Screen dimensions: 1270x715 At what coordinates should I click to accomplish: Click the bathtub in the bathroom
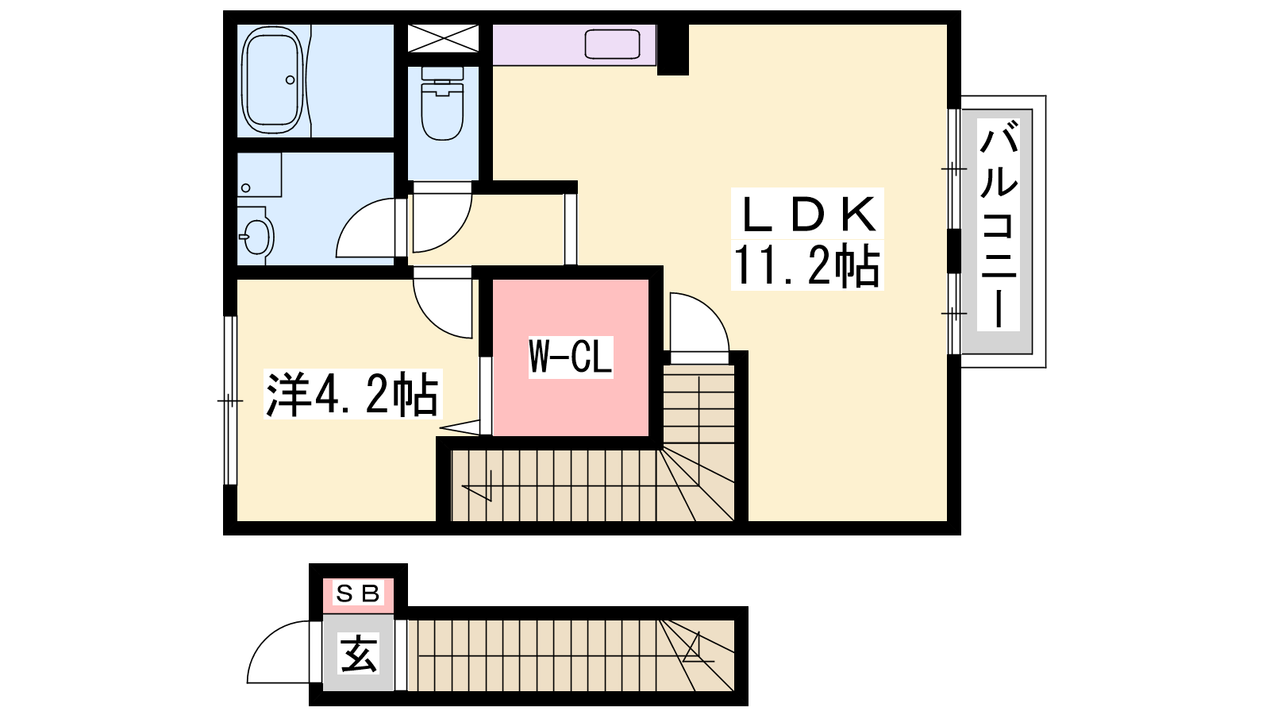coord(272,80)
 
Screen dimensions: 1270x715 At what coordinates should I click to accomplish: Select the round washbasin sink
coord(256,235)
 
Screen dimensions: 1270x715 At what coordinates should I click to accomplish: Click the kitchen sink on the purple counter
coord(612,44)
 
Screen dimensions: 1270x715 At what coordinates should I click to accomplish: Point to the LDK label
coord(808,213)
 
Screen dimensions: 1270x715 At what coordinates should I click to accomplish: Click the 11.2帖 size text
coord(806,265)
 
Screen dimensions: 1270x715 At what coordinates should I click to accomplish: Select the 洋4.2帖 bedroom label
coord(352,395)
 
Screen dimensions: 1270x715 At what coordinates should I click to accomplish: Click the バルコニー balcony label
coord(999,225)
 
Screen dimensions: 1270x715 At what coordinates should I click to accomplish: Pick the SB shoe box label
coord(359,593)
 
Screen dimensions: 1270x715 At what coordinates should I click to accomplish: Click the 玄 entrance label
coord(359,653)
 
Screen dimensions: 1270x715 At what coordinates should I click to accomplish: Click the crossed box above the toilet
coord(443,39)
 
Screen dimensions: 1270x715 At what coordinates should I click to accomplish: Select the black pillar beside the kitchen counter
coord(672,49)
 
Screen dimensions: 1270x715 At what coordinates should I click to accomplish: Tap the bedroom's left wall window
coord(230,400)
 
